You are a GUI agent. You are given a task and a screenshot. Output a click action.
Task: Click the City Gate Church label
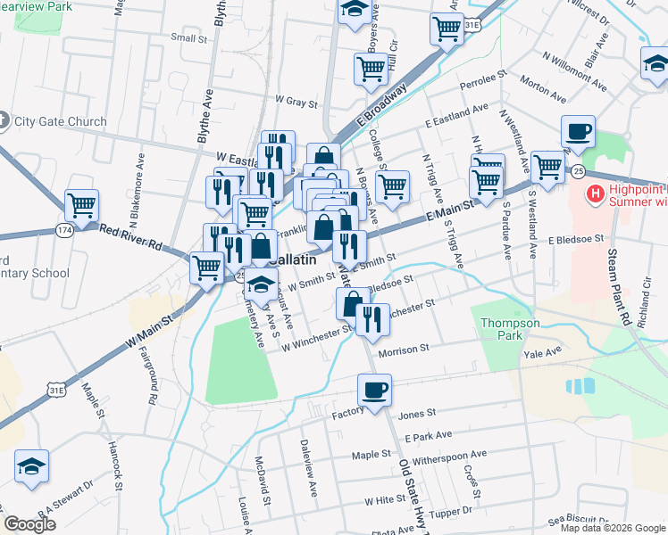click(59, 121)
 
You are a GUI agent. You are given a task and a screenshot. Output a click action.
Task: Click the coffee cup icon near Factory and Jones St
click(374, 390)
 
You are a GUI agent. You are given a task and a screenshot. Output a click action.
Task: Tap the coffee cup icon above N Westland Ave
click(578, 132)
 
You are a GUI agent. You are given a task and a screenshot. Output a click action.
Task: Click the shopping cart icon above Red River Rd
click(80, 205)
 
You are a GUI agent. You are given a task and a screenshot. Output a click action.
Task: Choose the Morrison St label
click(404, 351)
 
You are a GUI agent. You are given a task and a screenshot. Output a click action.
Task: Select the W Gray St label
click(297, 102)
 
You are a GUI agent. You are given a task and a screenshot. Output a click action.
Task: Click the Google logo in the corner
click(29, 523)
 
